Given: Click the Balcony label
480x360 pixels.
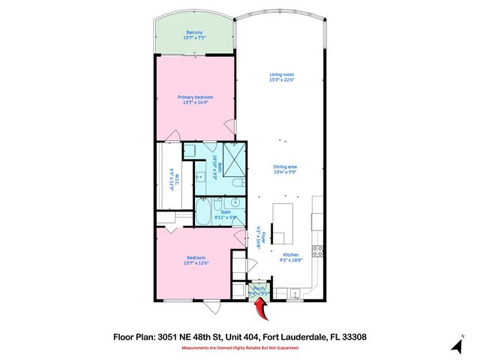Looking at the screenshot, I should point(194,33).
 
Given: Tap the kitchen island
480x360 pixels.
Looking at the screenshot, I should point(283,223).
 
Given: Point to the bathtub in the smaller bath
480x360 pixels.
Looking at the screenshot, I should point(203,211).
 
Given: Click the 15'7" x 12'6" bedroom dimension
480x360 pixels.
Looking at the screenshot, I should point(195,262).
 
